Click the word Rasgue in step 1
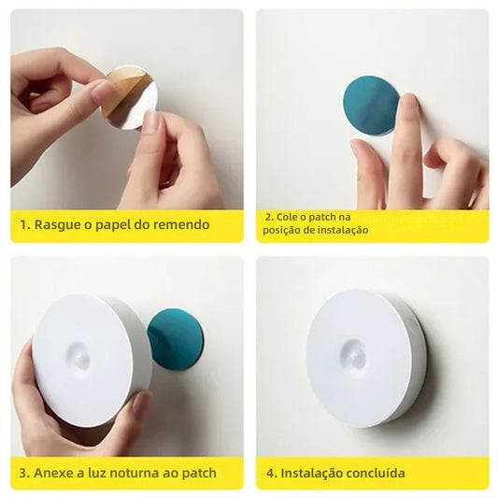coord(57,225)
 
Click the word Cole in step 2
coord(288,217)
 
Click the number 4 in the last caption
coord(270,473)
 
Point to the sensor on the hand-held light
coord(79,355)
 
